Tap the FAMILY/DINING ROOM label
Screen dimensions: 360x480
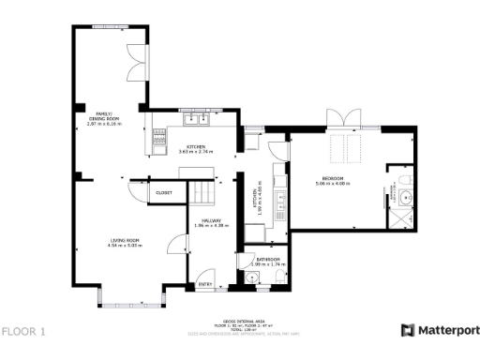104,118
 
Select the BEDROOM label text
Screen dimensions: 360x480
333,178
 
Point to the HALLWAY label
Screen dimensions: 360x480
210,221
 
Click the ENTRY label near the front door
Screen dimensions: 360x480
205,285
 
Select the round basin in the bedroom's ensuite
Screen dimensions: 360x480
405,198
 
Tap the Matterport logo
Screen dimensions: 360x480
440,330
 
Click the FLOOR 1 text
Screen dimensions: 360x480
23,332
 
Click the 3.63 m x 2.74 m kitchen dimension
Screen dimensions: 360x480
196,152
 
